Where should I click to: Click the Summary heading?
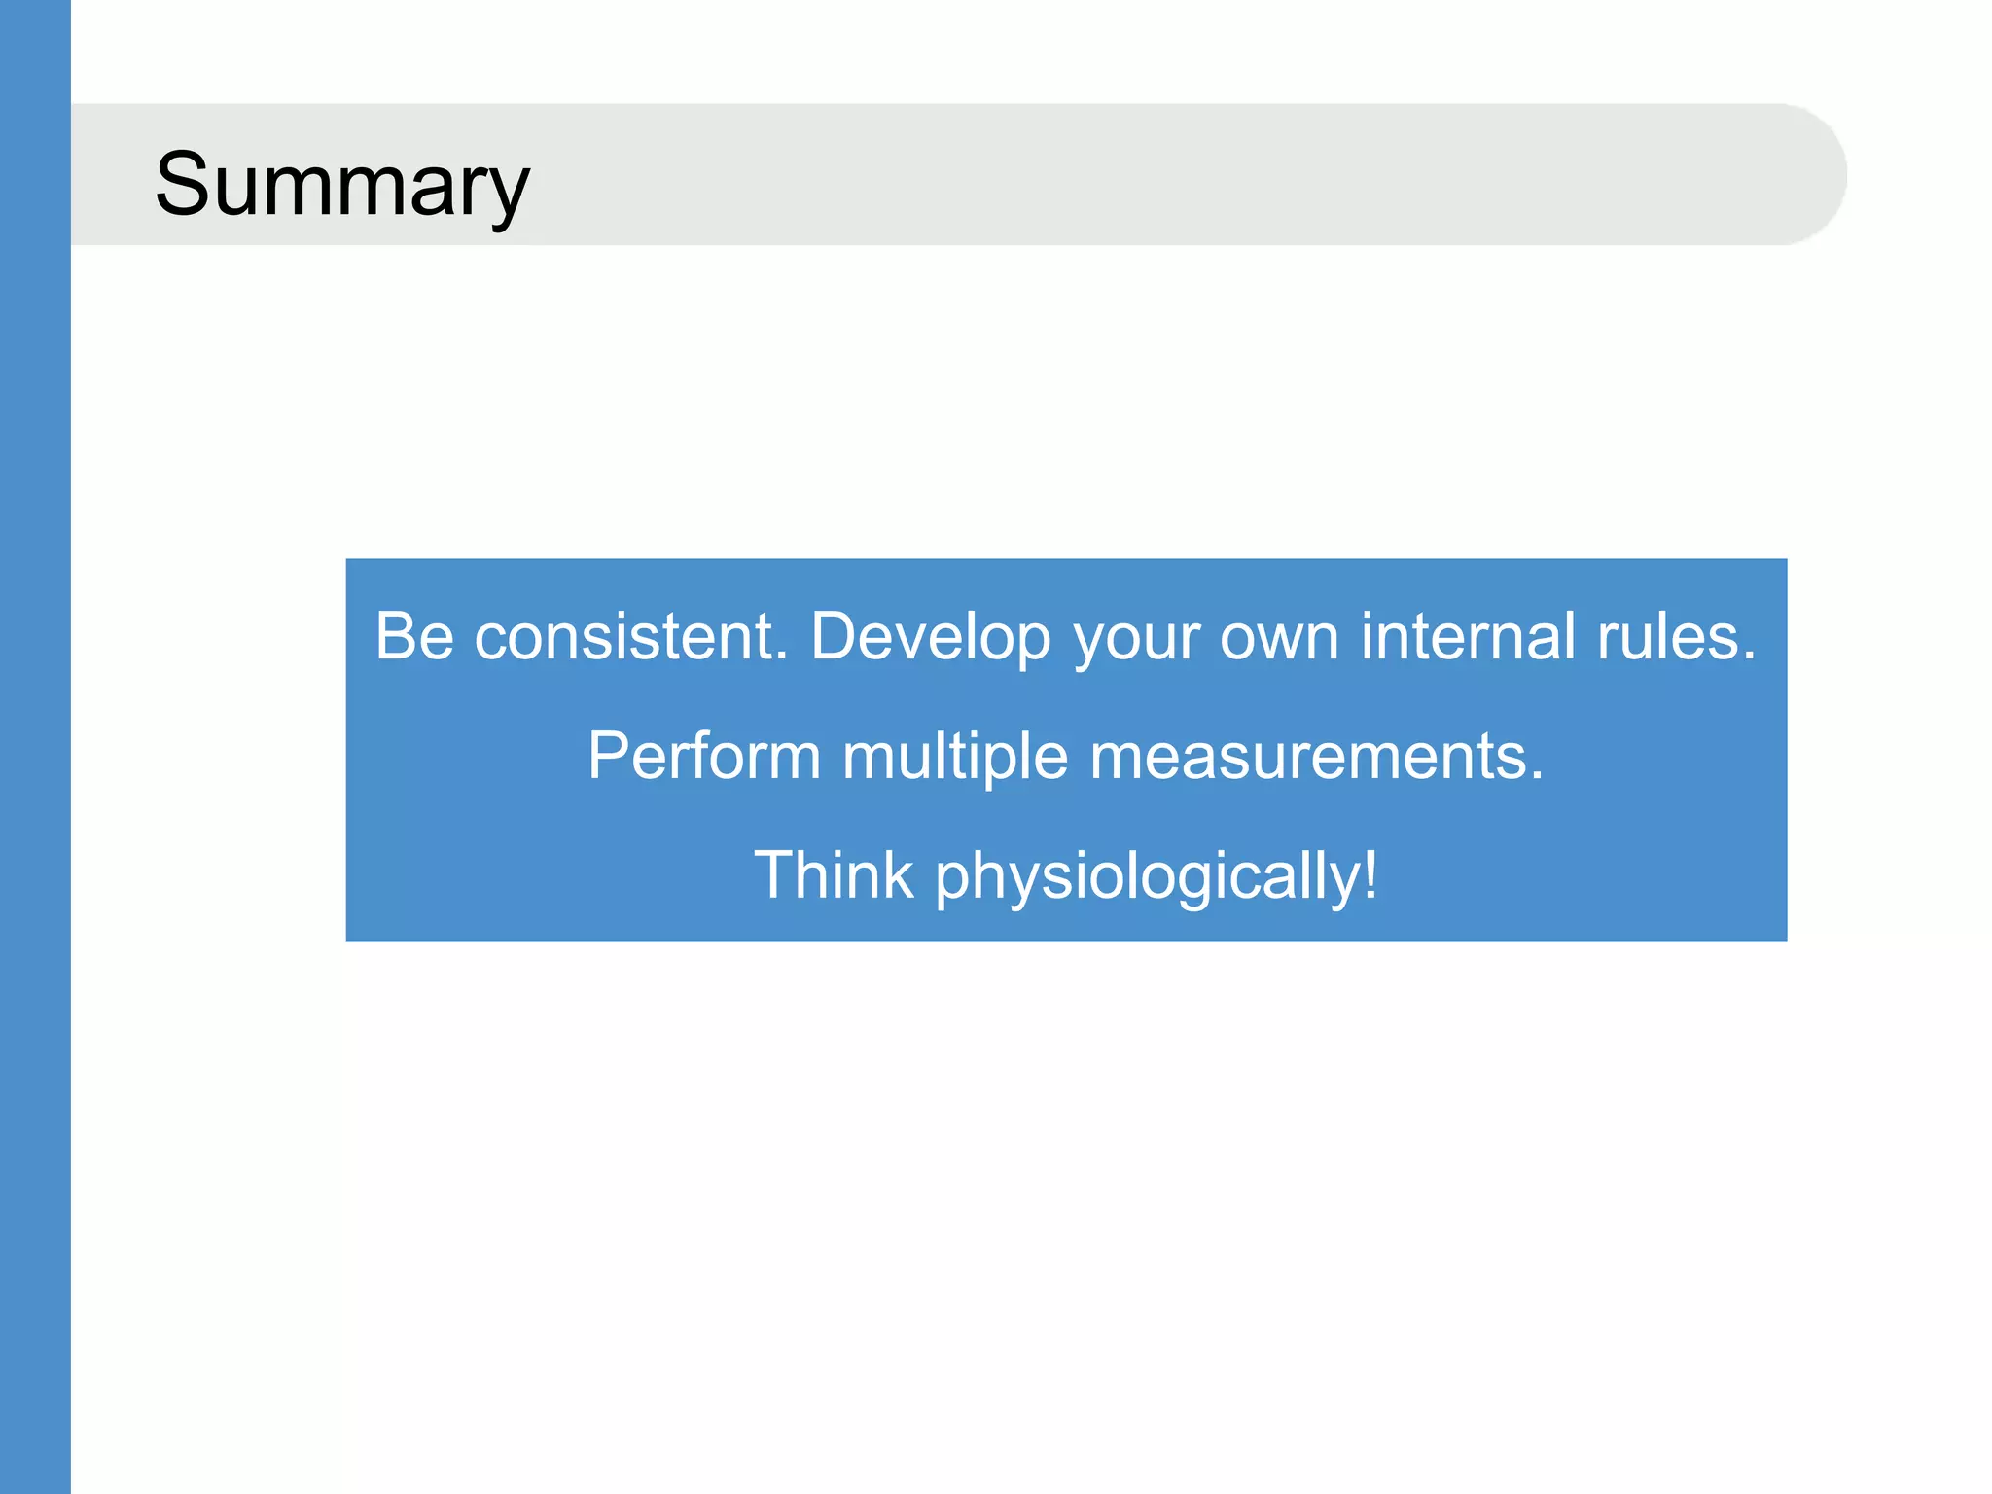pyautogui.click(x=342, y=185)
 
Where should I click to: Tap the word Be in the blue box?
pyautogui.click(x=414, y=637)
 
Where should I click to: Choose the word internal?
pyautogui.click(x=1468, y=637)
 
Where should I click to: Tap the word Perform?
pyautogui.click(x=704, y=757)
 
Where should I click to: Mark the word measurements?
pyautogui.click(x=1307, y=757)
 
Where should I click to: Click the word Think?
pyautogui.click(x=834, y=875)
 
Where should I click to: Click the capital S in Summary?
pyautogui.click(x=183, y=185)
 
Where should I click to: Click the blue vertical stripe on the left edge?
pyautogui.click(x=35, y=747)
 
